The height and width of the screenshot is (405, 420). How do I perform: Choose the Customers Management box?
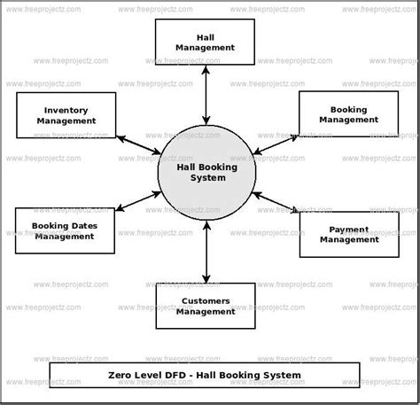click(206, 306)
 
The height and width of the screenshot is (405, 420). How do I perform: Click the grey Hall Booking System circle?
click(206, 172)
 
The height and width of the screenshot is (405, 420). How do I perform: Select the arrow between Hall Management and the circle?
click(206, 94)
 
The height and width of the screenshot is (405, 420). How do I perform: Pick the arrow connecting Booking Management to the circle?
click(276, 142)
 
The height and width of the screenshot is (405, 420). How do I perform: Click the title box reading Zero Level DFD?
click(206, 375)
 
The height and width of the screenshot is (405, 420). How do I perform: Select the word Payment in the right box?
click(337, 228)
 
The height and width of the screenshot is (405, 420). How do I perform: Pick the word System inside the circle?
click(206, 177)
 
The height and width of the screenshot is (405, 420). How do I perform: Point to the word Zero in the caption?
click(124, 375)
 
